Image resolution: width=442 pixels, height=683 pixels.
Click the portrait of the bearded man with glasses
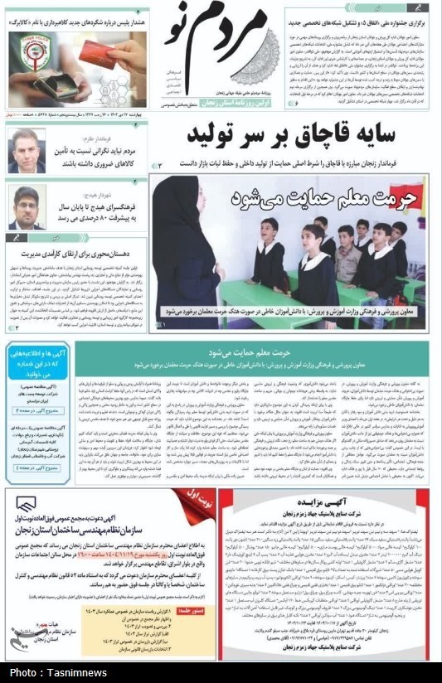[x=27, y=207]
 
